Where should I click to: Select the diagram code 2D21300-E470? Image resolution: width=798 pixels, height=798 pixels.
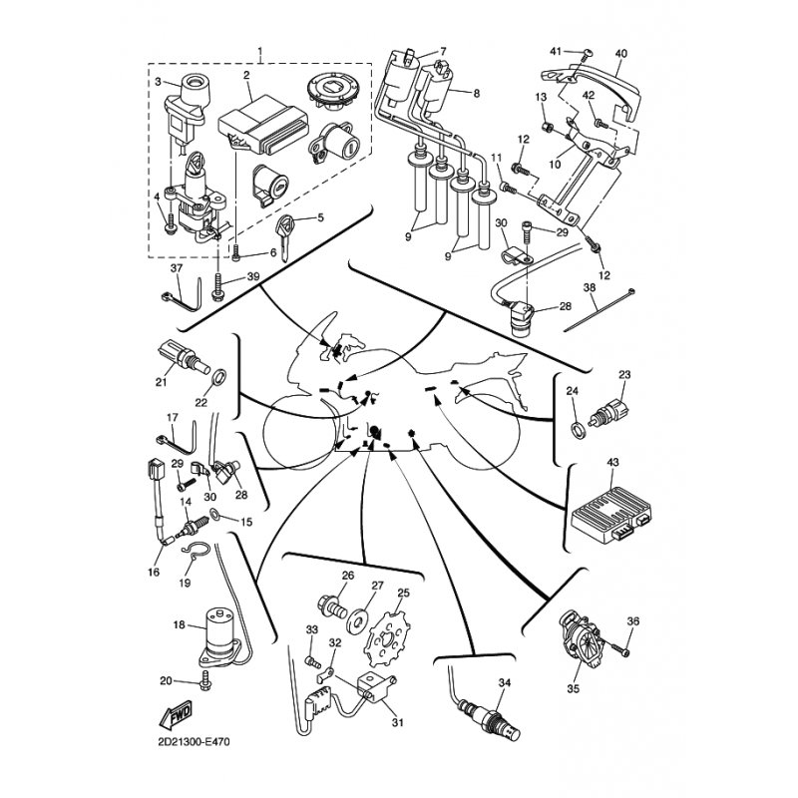(194, 742)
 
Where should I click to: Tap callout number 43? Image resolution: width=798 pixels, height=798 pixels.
(612, 462)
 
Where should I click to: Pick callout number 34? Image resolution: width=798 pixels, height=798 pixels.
(504, 682)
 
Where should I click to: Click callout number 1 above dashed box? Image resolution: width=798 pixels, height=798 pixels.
(260, 52)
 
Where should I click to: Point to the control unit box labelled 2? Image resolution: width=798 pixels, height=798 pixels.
(263, 127)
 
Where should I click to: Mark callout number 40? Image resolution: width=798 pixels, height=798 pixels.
(621, 54)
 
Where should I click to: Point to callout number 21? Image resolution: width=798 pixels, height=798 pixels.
(161, 381)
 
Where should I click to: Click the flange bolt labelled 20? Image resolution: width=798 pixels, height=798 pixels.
(206, 680)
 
